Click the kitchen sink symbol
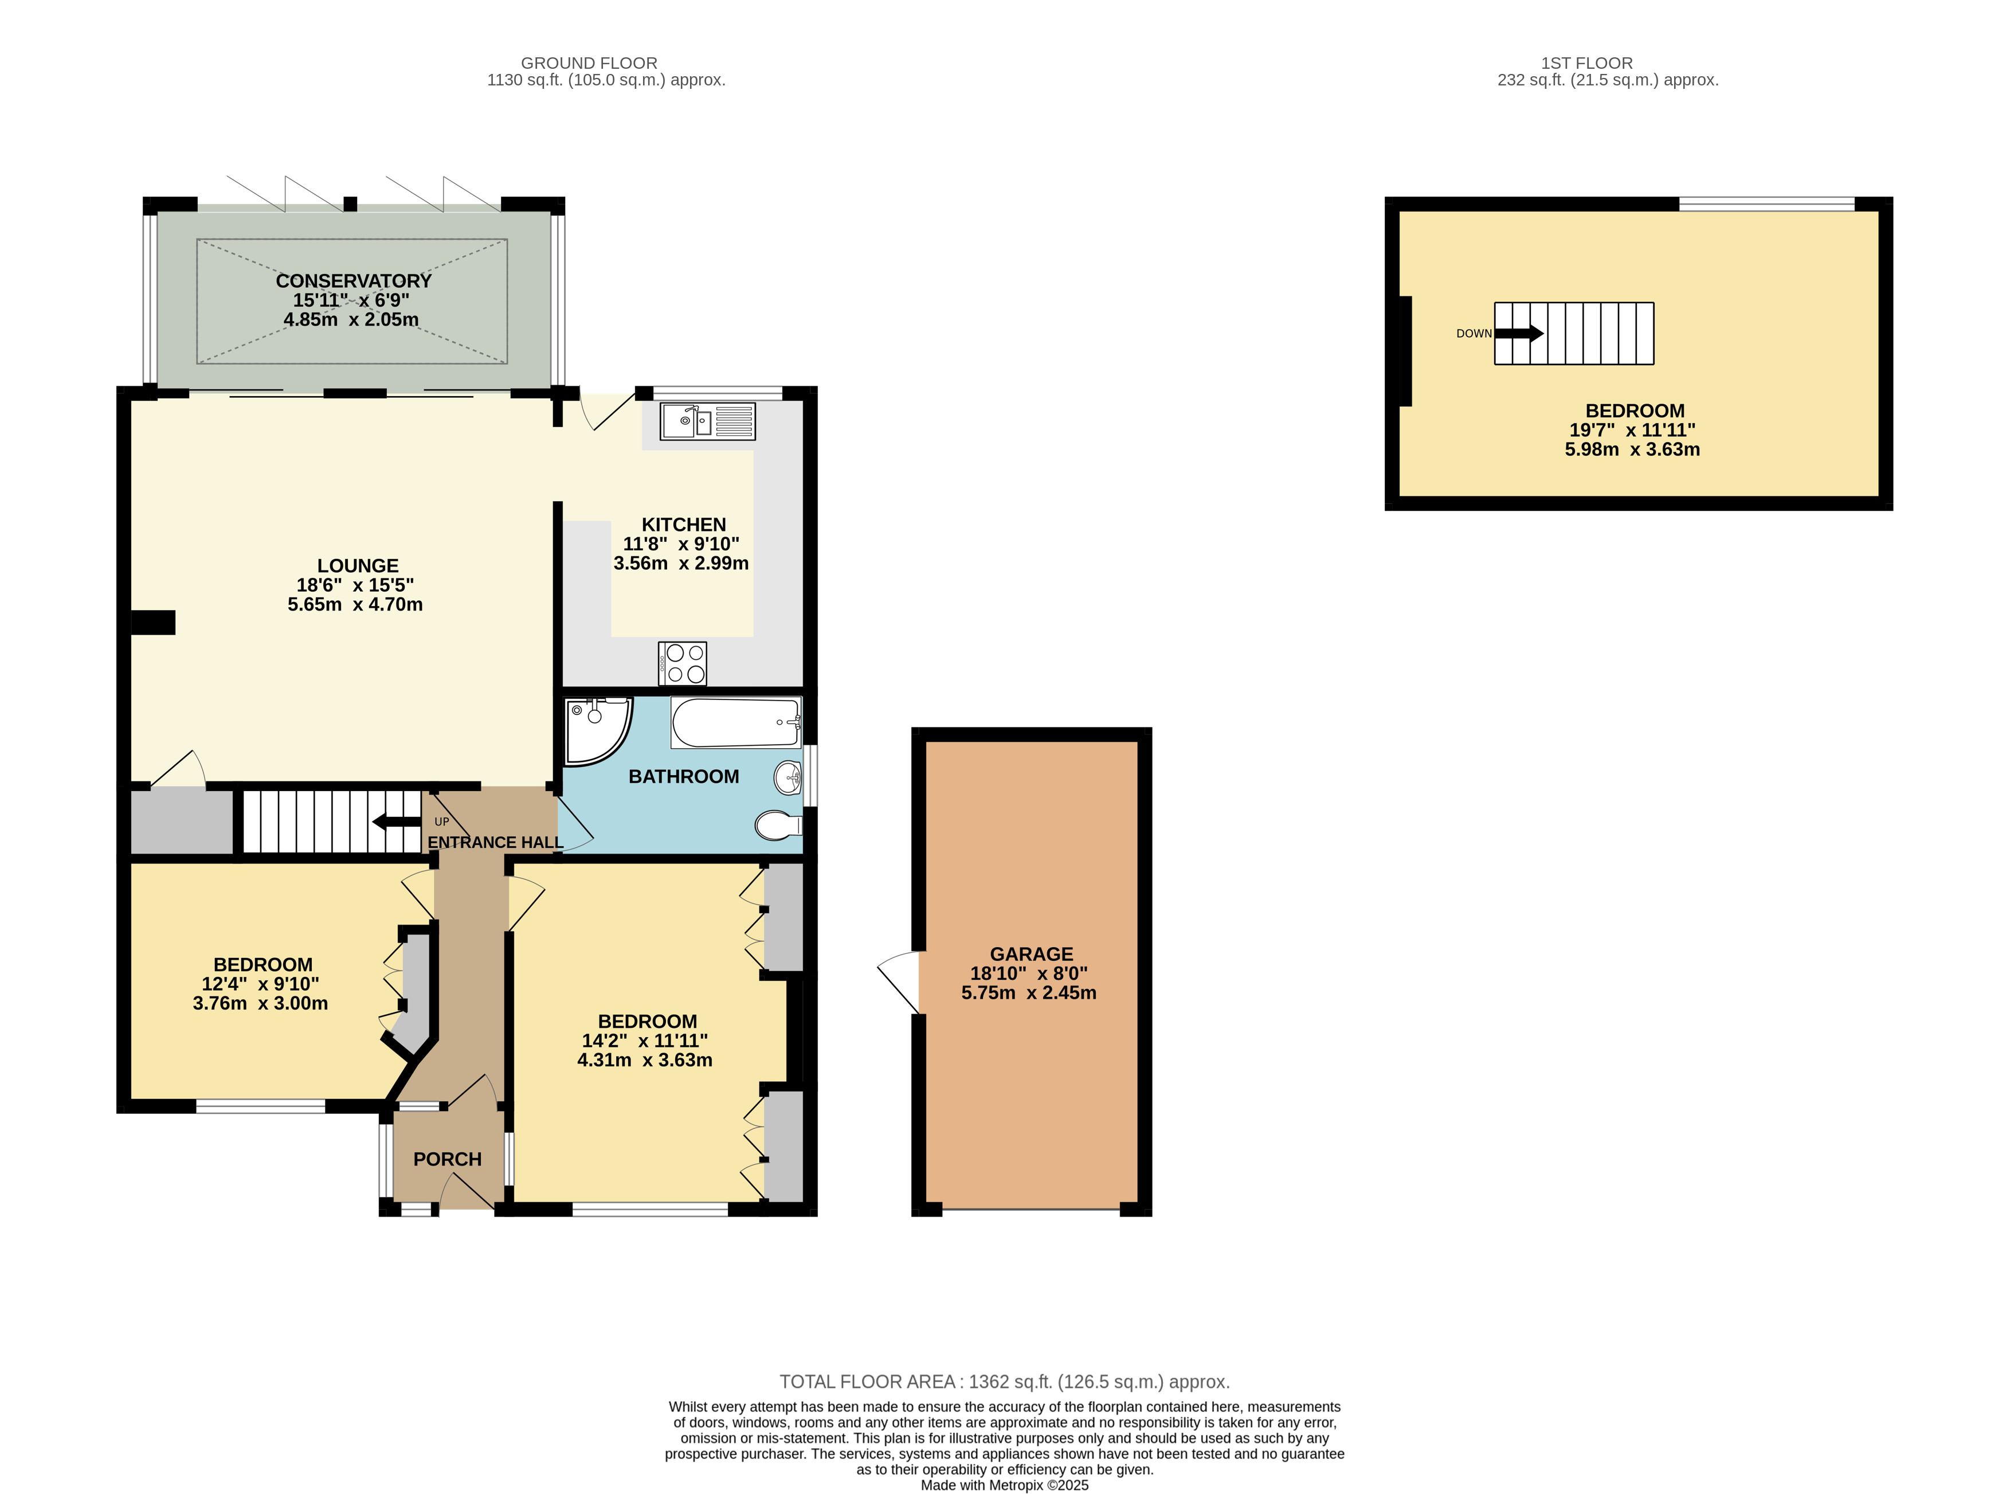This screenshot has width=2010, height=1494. tap(707, 421)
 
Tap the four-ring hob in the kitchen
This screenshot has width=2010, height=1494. tap(683, 663)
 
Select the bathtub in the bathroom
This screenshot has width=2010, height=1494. tap(736, 722)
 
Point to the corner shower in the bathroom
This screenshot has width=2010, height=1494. tap(597, 731)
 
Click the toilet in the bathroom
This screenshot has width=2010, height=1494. tap(778, 825)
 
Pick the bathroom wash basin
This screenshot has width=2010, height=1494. tap(789, 776)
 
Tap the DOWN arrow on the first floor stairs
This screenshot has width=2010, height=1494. tap(1519, 334)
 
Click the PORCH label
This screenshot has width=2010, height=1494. tap(448, 1159)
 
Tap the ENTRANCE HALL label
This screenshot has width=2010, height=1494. tap(496, 843)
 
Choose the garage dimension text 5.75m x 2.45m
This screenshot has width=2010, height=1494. tap(1029, 993)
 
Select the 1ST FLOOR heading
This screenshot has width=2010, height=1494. tap(1587, 63)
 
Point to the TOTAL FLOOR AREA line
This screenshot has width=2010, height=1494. tap(1005, 1382)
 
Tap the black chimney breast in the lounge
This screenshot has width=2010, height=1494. tap(153, 622)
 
